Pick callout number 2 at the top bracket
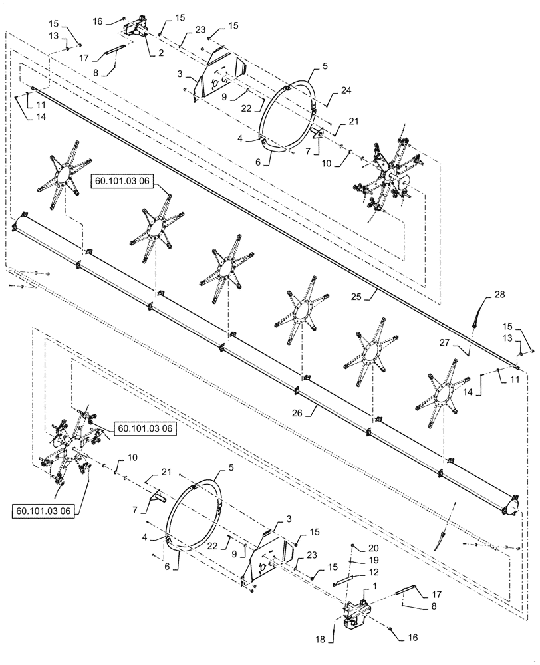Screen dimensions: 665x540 [162, 53]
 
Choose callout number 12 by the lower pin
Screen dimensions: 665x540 [373, 571]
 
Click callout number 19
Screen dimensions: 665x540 [373, 559]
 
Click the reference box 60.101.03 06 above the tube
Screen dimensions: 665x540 [127, 180]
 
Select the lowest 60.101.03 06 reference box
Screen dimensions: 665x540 [44, 510]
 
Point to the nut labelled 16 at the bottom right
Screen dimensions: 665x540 [392, 629]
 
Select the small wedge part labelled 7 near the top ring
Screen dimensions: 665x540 [317, 133]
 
